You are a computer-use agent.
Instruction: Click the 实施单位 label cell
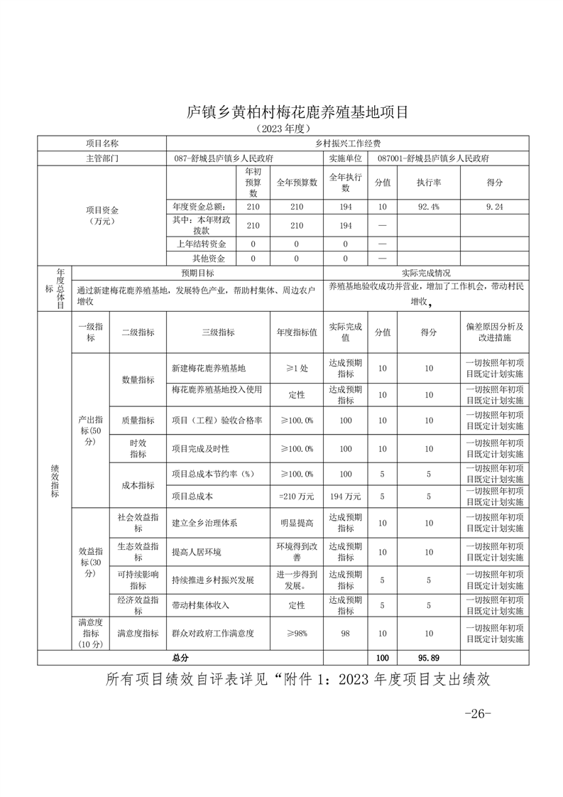click(346, 158)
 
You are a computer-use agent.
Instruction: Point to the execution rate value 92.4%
click(428, 207)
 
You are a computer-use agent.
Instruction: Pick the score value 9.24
click(494, 207)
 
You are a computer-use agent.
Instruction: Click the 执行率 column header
click(428, 183)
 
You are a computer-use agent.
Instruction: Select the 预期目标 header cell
click(197, 273)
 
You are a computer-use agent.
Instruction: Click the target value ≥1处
click(296, 369)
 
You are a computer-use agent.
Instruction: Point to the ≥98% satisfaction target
click(296, 632)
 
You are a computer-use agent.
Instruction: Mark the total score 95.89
click(428, 658)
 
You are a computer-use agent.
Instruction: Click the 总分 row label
click(180, 658)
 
